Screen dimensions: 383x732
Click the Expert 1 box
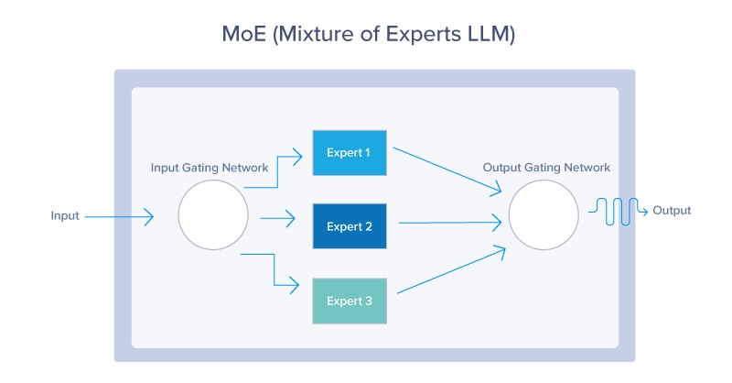(x=349, y=152)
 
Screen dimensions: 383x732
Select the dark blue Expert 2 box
(x=349, y=226)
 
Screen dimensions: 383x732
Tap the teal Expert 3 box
(x=349, y=300)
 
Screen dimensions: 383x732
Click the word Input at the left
(x=65, y=216)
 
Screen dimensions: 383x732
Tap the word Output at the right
(x=672, y=211)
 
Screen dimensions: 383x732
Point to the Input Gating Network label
(x=210, y=168)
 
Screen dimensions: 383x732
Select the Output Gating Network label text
(x=546, y=168)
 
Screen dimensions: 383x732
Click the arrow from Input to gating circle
(x=119, y=217)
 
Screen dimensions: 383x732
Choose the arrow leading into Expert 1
(x=279, y=170)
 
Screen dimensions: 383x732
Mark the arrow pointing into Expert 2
(x=279, y=219)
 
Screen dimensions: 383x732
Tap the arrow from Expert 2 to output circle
(x=448, y=222)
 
